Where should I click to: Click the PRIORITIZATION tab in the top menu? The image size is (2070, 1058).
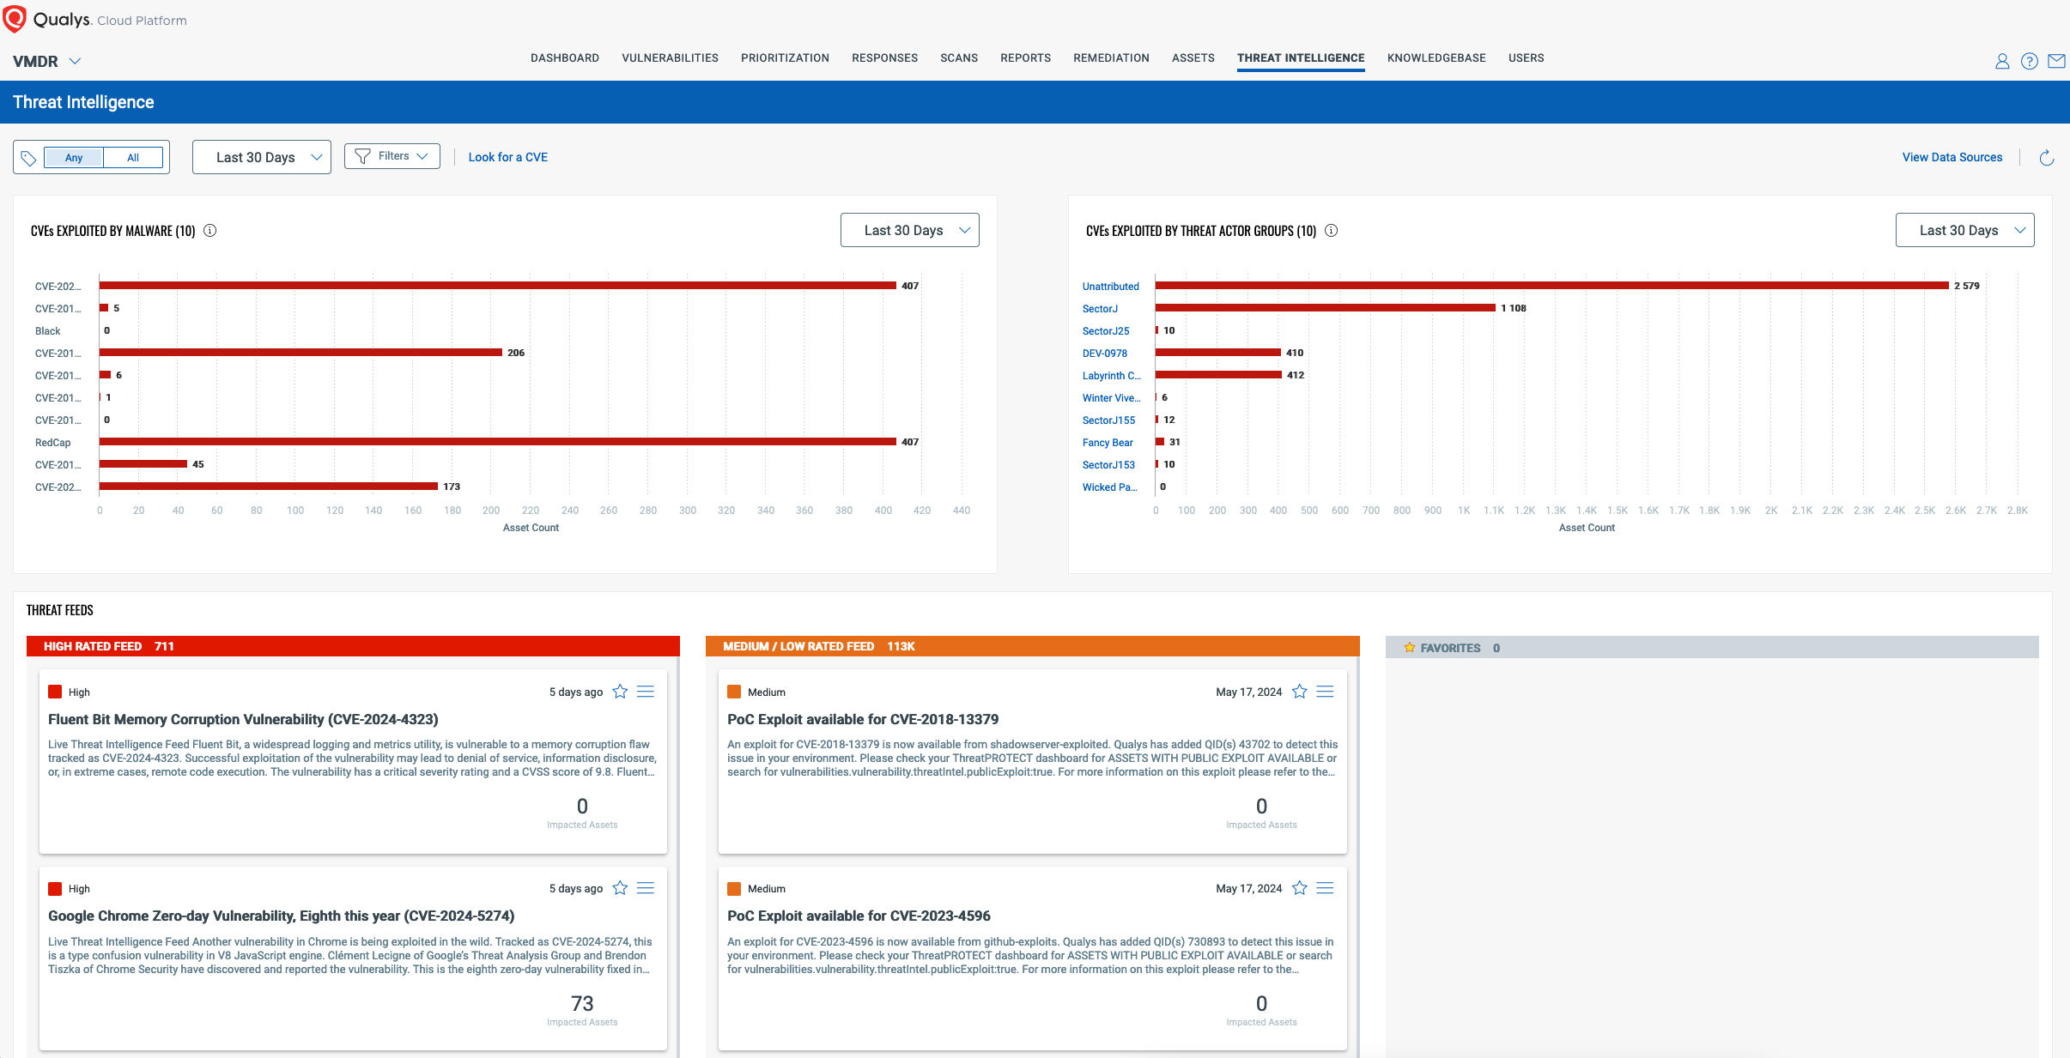coord(785,58)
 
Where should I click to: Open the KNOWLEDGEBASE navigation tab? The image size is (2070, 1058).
coord(1436,58)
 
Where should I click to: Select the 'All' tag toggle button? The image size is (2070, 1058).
coord(133,158)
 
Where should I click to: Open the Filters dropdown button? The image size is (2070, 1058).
coord(392,156)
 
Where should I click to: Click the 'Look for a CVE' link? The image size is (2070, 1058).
coord(507,157)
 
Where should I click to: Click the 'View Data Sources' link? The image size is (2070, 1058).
coord(1952,157)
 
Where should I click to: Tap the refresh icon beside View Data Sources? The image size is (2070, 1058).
coord(2047,158)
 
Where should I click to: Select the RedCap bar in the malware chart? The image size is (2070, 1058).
coord(498,442)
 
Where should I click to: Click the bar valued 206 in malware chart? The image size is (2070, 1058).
coord(300,353)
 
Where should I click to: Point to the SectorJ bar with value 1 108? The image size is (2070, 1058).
coord(1325,308)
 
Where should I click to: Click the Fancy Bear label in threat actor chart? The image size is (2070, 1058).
coord(1108,443)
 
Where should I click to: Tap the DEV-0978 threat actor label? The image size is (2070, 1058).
coord(1105,354)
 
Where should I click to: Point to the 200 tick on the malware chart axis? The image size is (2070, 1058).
coord(491,511)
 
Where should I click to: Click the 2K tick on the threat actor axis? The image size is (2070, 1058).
coord(1771,511)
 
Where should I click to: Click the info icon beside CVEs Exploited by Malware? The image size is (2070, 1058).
coord(209,231)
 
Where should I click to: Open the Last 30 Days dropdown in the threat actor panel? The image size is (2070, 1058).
coord(1964,230)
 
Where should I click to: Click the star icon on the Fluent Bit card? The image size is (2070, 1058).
coord(620,692)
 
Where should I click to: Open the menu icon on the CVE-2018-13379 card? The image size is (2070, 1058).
coord(1325,692)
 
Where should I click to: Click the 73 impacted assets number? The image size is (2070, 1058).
coord(582,1003)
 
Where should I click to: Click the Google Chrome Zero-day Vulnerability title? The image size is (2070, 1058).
coord(281,916)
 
